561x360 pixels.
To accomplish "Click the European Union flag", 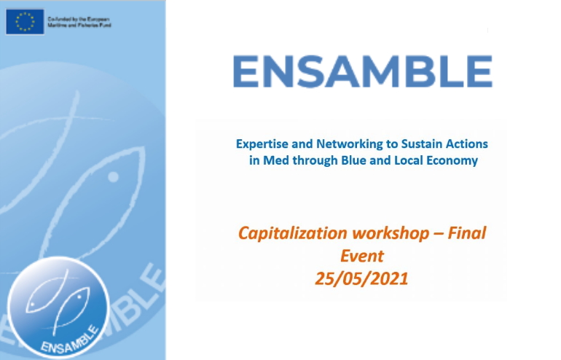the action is tap(25, 22).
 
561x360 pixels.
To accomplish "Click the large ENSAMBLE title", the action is tap(363, 71).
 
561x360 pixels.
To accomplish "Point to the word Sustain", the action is tap(421, 144).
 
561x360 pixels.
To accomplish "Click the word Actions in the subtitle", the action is tap(466, 144).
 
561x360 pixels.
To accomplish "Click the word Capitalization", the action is tap(293, 233).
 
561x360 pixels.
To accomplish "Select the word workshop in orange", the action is tap(391, 233).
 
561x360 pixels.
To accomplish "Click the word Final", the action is tap(467, 232).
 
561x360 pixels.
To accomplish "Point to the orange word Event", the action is tap(361, 256).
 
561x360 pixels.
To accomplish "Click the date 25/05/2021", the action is tap(361, 279).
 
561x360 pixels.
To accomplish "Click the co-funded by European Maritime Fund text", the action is tap(79, 22).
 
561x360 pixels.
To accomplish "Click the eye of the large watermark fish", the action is tap(114, 177).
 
